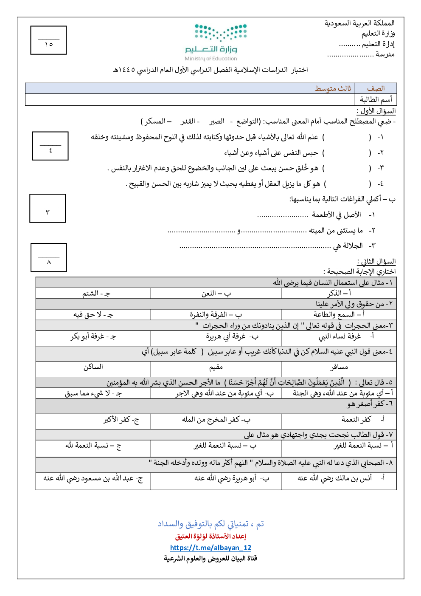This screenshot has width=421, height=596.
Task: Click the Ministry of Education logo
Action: pyautogui.click(x=216, y=42)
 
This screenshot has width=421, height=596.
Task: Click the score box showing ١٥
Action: pyautogui.click(x=49, y=40)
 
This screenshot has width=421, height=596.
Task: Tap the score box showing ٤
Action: pyautogui.click(x=51, y=146)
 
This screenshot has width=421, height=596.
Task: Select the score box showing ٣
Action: pyautogui.click(x=48, y=208)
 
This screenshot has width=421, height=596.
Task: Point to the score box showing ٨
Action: pyautogui.click(x=49, y=257)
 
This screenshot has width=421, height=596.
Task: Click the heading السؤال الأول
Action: pyautogui.click(x=376, y=111)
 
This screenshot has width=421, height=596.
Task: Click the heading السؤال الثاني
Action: pyautogui.click(x=376, y=261)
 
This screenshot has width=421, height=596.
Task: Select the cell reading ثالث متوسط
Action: pyautogui.click(x=333, y=88)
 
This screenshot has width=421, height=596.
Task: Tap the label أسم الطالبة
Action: pyautogui.click(x=376, y=99)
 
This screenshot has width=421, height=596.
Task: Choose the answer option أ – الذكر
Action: pyautogui.click(x=339, y=293)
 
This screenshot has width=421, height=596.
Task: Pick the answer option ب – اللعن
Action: pyautogui.click(x=216, y=293)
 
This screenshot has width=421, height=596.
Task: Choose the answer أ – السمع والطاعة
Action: pyautogui.click(x=339, y=314)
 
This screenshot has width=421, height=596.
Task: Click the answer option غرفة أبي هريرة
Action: pyautogui.click(x=232, y=336)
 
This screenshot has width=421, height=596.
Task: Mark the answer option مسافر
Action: pyautogui.click(x=339, y=367)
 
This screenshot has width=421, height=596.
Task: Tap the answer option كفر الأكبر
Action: pyautogui.click(x=121, y=420)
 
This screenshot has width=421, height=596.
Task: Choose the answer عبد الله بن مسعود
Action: pyautogui.click(x=93, y=478)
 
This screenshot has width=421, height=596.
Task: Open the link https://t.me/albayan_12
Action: pyautogui.click(x=210, y=548)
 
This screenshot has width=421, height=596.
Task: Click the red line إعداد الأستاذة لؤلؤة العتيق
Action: pyautogui.click(x=210, y=536)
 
